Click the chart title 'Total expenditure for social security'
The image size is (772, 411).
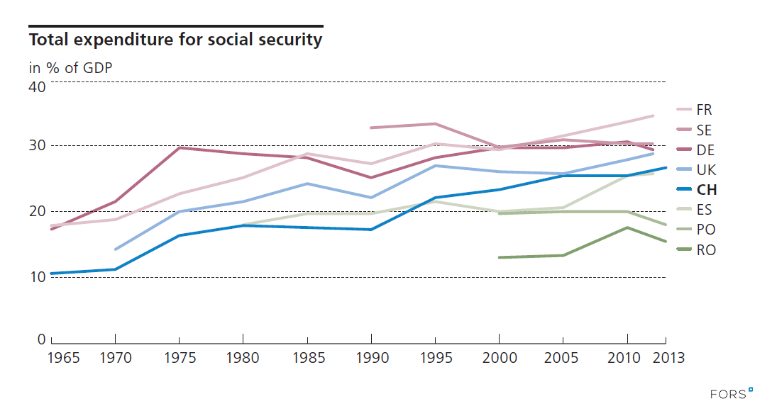[x=175, y=40]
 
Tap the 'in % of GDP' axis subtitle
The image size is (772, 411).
[x=71, y=68]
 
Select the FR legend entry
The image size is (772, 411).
[x=704, y=110]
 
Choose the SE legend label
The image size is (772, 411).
[x=704, y=130]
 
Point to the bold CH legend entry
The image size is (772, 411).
[x=706, y=190]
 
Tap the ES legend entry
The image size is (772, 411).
[x=704, y=210]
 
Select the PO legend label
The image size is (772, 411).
[x=705, y=230]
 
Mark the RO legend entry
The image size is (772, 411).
[x=705, y=249]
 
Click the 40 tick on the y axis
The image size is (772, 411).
[x=37, y=87]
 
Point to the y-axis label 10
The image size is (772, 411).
[x=37, y=276]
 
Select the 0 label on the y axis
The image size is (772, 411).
[x=42, y=339]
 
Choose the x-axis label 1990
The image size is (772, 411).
[x=371, y=358]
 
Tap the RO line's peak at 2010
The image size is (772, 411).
[x=627, y=227]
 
